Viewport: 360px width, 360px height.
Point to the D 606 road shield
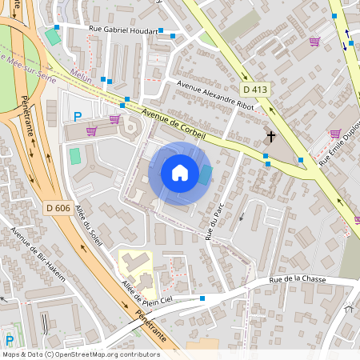click(x=59, y=208)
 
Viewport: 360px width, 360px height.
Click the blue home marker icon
click(x=180, y=173)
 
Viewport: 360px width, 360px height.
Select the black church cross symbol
click(x=270, y=137)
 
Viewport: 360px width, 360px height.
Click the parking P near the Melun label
click(x=78, y=117)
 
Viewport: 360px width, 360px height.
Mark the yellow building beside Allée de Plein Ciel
click(x=136, y=270)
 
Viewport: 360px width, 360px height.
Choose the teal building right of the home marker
click(x=206, y=174)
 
